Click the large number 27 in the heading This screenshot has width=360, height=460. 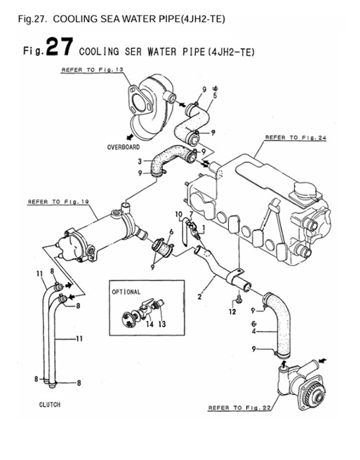point(57,48)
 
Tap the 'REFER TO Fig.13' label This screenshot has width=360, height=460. point(91,71)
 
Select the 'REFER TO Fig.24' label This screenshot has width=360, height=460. point(295,138)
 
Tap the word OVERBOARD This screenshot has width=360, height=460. point(124,148)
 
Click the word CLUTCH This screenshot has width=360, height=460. point(50,405)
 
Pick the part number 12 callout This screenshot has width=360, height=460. point(232,312)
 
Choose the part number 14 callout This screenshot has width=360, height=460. point(149,325)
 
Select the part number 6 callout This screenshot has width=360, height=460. point(171,231)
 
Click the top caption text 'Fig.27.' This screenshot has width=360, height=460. point(33,18)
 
